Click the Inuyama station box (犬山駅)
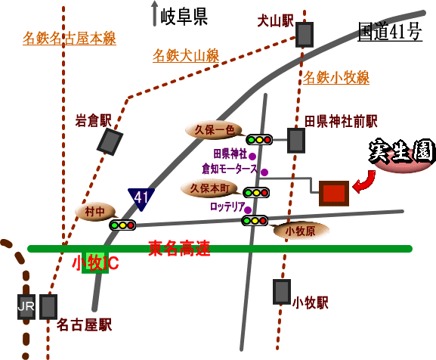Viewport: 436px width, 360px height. pos(305,35)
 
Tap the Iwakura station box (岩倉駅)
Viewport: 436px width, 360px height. pos(110,142)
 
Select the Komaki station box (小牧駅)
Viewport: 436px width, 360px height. pos(282,292)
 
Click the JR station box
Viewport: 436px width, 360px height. pos(26,306)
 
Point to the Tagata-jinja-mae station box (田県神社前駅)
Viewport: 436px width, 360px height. pos(296,141)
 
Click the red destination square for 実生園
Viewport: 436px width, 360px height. pos(334,194)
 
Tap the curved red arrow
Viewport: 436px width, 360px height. pos(365,182)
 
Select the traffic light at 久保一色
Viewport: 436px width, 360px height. pos(259,140)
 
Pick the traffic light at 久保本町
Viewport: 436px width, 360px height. pos(256,193)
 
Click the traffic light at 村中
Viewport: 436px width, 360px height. pos(122,225)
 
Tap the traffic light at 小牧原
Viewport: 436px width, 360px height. pos(255,221)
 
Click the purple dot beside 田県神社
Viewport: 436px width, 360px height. pos(252,157)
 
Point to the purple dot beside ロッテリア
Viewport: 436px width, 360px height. pos(248,210)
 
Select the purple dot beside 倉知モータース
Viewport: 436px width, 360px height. pos(264,172)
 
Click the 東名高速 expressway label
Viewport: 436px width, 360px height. pos(179,248)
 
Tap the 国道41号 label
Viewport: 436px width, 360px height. pos(390,32)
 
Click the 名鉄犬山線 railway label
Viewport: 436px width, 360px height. pos(186,55)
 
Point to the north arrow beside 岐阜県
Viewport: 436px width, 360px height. pos(155,14)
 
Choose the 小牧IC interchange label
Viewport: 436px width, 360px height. pos(95,262)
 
